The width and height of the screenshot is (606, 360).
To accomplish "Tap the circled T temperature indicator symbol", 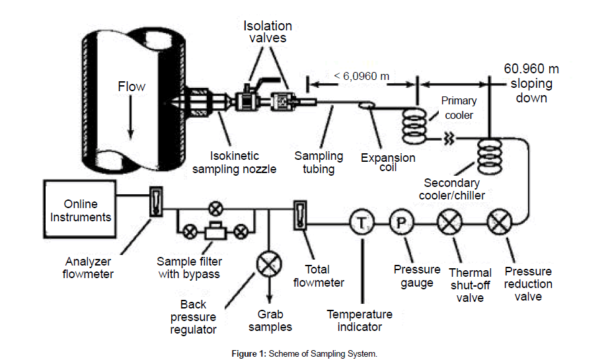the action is pos(361,223).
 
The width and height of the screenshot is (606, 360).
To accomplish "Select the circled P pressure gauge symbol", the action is pos(401,223).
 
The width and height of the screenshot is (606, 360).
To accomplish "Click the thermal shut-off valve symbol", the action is pos(449,223).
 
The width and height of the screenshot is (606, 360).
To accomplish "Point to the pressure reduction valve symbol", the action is pos(500,223).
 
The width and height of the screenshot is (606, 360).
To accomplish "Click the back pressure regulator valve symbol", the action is pos(269,264).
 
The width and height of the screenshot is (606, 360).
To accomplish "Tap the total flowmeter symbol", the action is pos(300,215).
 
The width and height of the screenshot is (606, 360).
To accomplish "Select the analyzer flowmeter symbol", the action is pos(156,201).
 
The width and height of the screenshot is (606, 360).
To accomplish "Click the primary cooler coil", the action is pos(415,126).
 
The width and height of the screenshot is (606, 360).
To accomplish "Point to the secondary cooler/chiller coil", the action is pos(490,157).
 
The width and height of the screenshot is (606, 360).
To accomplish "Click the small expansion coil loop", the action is pos(366,104).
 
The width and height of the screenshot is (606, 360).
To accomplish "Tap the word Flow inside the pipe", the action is pos(132,87).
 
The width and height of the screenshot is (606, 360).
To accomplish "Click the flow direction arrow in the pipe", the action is pos(131,117).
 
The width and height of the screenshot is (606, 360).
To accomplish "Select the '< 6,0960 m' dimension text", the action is pos(361,76).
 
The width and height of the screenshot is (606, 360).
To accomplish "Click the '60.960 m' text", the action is pos(531,69).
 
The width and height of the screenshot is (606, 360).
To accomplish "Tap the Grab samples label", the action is pos(270,320).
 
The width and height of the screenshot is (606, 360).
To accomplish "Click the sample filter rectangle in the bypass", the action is pos(215,231).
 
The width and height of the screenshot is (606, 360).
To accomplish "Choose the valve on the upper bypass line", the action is pos(215,209).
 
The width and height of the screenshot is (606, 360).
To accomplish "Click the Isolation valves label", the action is pos(268,32).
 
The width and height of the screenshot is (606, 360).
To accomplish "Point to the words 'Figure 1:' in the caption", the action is pos(249,353).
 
